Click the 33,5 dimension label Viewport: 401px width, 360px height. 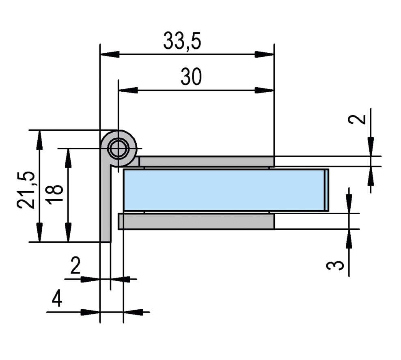point(182,41)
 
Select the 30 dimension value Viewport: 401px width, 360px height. point(191,77)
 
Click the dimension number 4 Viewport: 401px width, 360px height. point(57,300)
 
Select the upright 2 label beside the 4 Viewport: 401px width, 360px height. point(75,267)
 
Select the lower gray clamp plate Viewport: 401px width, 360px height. point(197,222)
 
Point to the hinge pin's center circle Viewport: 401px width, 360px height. point(118,149)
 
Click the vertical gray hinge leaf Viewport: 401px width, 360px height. point(106,203)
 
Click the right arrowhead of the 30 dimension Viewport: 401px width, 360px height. point(265,90)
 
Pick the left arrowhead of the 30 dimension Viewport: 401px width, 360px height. point(127,90)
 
